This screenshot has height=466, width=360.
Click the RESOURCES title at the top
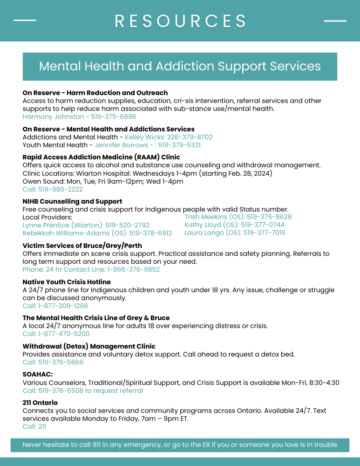point(180,21)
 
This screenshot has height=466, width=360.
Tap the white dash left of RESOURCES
point(25,21)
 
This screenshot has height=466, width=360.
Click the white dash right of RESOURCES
point(335,21)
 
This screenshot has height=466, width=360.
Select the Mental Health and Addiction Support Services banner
point(180,66)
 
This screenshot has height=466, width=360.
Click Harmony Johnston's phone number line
point(79,117)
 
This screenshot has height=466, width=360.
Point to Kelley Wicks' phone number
point(169,137)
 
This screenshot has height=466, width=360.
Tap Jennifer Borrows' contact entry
point(148,145)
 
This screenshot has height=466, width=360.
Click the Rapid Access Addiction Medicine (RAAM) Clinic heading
point(101,157)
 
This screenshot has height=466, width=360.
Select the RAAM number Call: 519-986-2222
point(53,189)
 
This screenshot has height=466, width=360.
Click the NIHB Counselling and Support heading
point(72,201)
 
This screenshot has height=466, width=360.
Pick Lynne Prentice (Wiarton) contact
point(86,225)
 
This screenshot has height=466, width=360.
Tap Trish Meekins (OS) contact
point(238,217)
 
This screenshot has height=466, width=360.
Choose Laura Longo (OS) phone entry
point(235,233)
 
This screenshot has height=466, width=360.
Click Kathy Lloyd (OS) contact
point(234,225)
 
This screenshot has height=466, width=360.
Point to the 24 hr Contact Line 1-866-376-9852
point(91,269)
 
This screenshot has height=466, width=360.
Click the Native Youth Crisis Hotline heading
point(67,282)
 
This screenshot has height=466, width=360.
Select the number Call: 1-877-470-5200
point(56,334)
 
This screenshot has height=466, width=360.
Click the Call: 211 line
point(34,426)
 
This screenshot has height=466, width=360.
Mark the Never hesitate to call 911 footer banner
point(180,445)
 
